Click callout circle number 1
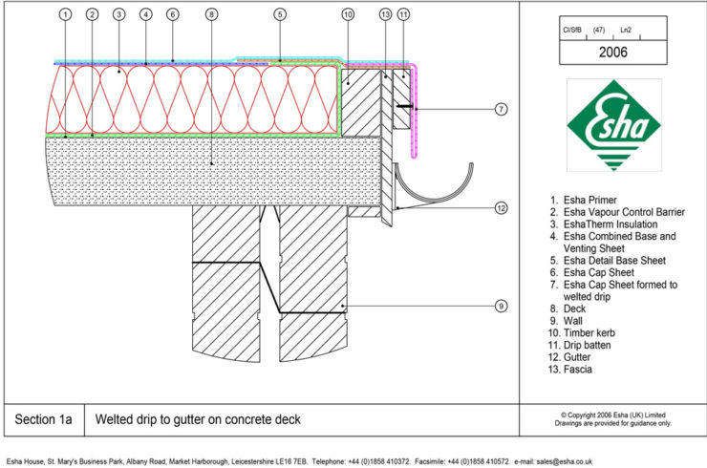pos(64,14)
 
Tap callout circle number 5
pos(279,14)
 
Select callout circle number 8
pos(211,14)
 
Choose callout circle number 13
pos(385,14)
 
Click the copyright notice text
pos(613,415)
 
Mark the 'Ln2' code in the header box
pos(626,31)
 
